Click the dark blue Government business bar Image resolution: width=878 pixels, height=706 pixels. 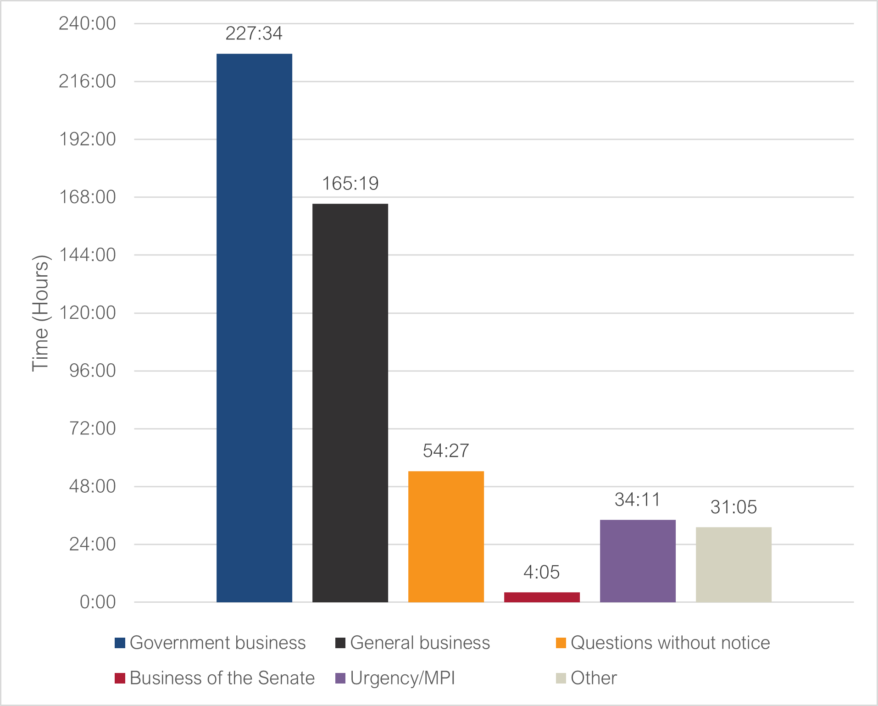pos(254,328)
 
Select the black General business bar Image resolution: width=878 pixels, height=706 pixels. pos(350,403)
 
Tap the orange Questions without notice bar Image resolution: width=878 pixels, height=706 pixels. pos(446,536)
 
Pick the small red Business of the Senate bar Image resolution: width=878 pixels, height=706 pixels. pos(542,597)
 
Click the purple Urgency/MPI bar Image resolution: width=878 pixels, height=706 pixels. pos(638,561)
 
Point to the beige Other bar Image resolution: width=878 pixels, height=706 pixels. pos(734,564)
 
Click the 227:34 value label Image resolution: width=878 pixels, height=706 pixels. pos(254,33)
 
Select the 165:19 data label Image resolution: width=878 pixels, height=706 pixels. pos(350,183)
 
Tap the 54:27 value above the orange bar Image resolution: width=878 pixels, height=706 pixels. pos(446,451)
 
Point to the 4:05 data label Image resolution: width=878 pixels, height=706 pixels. pos(542,573)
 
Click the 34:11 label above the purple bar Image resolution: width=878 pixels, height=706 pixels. pos(638,500)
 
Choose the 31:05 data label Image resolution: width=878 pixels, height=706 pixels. pos(734,507)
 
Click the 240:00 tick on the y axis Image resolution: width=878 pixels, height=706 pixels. pos(88,23)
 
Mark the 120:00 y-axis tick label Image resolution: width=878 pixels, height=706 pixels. pos(88,313)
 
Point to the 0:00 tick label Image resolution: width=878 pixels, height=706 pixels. pos(98,602)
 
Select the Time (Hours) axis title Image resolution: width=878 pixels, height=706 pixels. pos(40,313)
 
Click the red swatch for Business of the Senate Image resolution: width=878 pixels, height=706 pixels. pos(120,678)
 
